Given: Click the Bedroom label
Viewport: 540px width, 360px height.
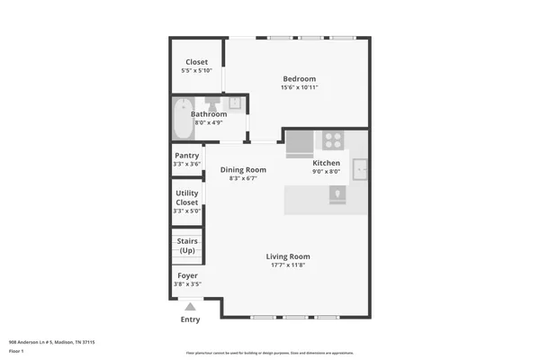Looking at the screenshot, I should (x=299, y=78).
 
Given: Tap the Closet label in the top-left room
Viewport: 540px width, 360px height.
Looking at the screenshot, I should (x=196, y=62).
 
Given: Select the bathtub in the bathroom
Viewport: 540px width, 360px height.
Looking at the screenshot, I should (x=183, y=118).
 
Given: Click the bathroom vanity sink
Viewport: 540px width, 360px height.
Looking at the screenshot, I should (x=233, y=103).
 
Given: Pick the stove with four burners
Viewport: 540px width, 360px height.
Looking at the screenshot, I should (x=333, y=140).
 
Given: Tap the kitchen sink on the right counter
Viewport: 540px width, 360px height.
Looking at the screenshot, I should (x=360, y=168).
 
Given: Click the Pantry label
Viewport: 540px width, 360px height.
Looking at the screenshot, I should (x=186, y=156).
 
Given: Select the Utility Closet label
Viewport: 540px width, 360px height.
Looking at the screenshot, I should (x=186, y=197).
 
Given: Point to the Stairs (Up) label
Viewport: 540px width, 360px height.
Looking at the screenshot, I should (x=186, y=245).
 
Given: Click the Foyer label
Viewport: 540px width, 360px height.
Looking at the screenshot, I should (x=187, y=275).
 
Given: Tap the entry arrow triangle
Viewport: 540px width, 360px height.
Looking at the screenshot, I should (x=190, y=306).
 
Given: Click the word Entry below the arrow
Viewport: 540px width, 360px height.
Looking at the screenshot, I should (x=190, y=319).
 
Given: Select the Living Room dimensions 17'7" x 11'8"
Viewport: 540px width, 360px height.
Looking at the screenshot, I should (x=288, y=265).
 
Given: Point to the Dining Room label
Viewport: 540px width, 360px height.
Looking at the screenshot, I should (x=243, y=170).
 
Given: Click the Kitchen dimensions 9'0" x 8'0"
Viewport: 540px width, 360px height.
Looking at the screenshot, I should (x=326, y=171).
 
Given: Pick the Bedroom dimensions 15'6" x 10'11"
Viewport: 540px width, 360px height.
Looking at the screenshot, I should (x=299, y=87).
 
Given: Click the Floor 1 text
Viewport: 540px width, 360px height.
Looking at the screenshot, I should (x=17, y=350).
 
